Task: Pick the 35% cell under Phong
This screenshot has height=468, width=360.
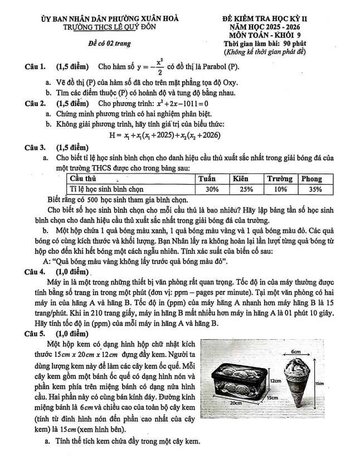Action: click(x=315, y=189)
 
